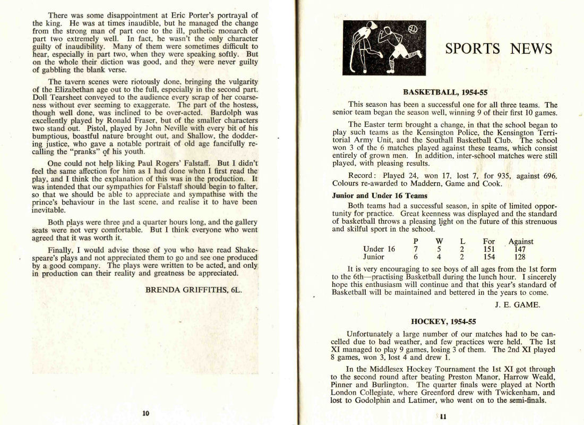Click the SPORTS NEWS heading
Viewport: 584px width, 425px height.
point(499,49)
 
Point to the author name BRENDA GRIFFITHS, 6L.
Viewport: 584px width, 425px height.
point(193,290)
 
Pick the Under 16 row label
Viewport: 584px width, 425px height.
point(379,249)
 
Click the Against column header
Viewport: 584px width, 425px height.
point(521,241)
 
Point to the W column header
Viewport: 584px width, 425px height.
point(439,241)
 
